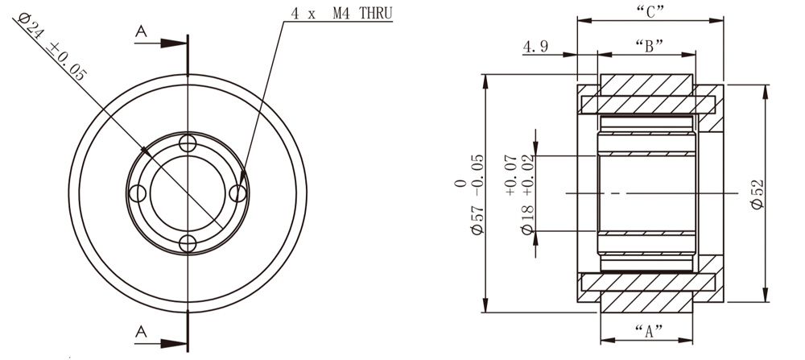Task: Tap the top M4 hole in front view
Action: click(x=188, y=144)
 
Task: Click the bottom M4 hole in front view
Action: click(x=188, y=243)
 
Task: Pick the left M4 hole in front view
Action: click(x=138, y=193)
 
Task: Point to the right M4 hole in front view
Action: click(x=237, y=193)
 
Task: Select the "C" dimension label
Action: click(x=649, y=11)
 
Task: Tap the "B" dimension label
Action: click(x=649, y=46)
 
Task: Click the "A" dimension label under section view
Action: click(x=648, y=329)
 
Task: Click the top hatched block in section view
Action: click(x=647, y=85)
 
